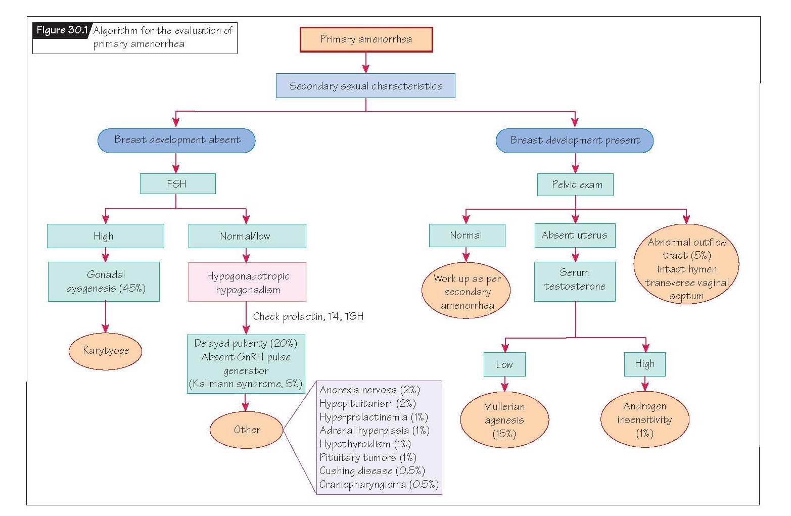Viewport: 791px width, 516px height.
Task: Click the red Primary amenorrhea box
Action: [366, 39]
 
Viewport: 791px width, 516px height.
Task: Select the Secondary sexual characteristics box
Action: [365, 86]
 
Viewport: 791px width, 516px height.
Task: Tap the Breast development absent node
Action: [176, 140]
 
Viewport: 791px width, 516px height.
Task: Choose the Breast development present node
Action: [575, 140]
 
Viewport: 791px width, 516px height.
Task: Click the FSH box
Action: [177, 184]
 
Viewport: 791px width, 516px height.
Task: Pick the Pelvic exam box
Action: [575, 185]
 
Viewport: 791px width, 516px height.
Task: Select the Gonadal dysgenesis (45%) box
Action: [104, 282]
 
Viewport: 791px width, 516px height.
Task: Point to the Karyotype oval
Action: [106, 351]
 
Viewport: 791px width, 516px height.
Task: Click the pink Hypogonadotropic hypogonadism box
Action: [247, 283]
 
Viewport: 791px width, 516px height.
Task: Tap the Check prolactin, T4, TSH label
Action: [308, 317]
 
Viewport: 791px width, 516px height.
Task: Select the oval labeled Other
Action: [247, 430]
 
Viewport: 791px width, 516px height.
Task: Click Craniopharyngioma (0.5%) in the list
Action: [379, 485]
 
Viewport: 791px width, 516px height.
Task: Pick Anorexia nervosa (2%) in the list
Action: [369, 390]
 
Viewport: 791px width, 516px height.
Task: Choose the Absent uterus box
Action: [575, 236]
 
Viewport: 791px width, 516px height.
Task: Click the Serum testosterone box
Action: [575, 280]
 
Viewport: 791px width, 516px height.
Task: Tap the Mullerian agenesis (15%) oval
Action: [504, 420]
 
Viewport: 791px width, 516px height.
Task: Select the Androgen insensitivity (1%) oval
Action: [644, 419]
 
